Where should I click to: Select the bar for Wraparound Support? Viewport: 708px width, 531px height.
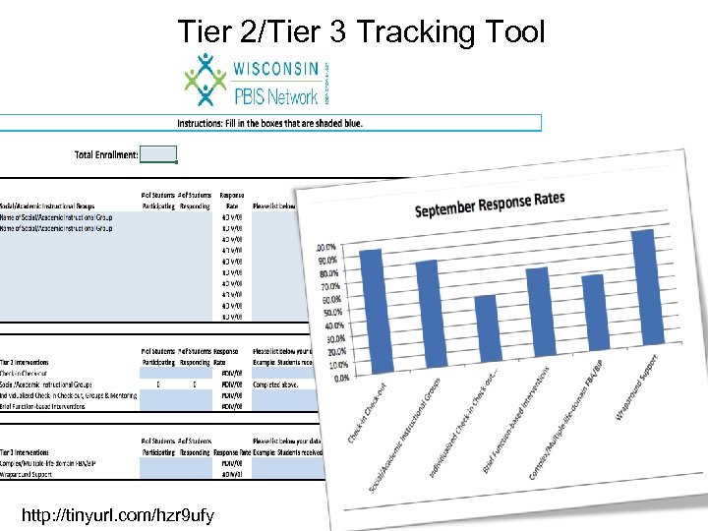(x=645, y=291)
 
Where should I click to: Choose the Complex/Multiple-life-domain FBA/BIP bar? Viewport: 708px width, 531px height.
(x=593, y=314)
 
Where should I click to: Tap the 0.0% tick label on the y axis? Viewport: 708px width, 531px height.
(x=340, y=378)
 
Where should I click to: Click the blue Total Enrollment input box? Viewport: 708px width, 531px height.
(x=158, y=153)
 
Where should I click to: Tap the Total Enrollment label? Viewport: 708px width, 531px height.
(x=106, y=154)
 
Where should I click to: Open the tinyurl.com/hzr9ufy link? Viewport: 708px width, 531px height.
(x=123, y=515)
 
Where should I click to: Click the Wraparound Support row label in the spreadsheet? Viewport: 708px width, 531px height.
(x=29, y=473)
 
